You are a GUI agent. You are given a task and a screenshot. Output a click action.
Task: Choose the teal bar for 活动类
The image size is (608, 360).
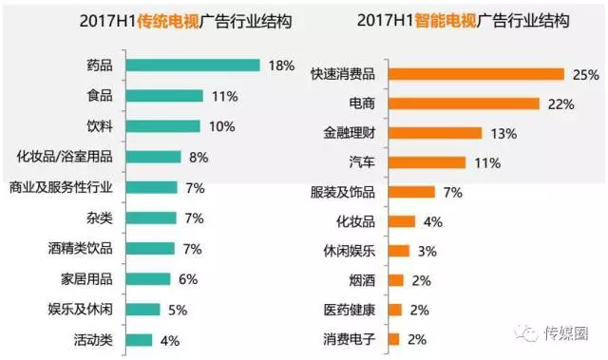(x=139, y=340)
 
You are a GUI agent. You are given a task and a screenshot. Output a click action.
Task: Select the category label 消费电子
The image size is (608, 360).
(x=350, y=338)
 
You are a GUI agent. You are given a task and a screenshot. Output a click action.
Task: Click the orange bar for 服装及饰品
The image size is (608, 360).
(x=411, y=192)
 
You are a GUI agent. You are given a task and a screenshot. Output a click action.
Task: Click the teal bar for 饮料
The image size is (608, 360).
(x=162, y=126)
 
